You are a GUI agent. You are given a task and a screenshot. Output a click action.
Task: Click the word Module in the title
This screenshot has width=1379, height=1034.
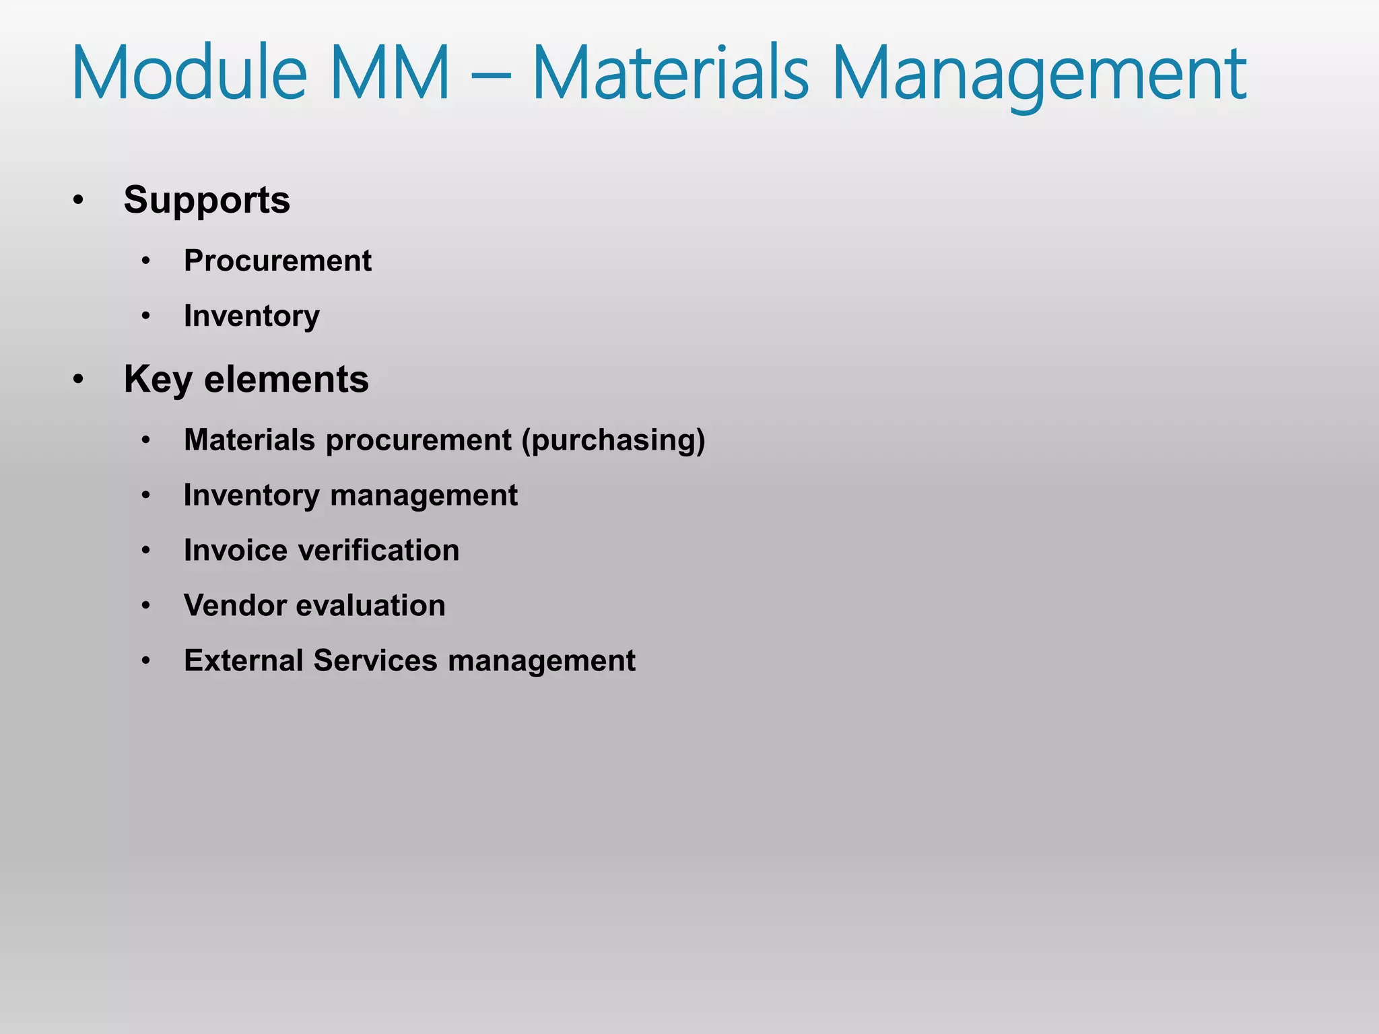pyautogui.click(x=189, y=72)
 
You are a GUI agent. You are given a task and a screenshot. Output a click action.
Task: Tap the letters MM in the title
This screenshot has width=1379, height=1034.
pyautogui.click(x=391, y=72)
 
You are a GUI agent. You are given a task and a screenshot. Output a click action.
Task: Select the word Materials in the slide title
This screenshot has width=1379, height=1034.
pyautogui.click(x=670, y=72)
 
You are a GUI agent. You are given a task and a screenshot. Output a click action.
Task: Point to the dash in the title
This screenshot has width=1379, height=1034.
pyautogui.click(x=490, y=75)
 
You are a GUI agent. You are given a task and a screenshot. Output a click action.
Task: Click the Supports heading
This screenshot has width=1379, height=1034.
pyautogui.click(x=207, y=201)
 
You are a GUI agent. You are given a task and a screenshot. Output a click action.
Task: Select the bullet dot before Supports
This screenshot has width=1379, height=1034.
pyautogui.click(x=79, y=200)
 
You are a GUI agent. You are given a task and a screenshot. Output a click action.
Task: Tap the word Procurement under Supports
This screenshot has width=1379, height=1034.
pyautogui.click(x=277, y=261)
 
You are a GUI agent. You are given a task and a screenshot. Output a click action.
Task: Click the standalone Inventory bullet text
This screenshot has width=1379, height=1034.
pyautogui.click(x=252, y=316)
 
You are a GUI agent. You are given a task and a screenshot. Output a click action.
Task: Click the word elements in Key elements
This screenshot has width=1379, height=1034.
pyautogui.click(x=286, y=380)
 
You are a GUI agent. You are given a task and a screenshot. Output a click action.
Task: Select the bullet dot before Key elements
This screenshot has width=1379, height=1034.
pyautogui.click(x=79, y=380)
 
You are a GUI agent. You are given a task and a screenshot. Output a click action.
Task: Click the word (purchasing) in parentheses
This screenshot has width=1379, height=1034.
pyautogui.click(x=613, y=440)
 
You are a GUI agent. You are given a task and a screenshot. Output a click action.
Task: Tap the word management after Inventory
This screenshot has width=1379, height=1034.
pyautogui.click(x=424, y=495)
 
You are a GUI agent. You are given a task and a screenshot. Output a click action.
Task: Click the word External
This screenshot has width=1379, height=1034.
pyautogui.click(x=244, y=661)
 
